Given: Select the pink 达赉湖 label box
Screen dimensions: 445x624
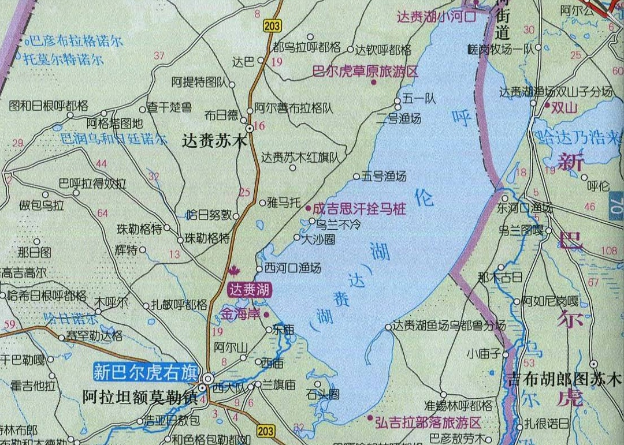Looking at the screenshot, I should pos(251,289).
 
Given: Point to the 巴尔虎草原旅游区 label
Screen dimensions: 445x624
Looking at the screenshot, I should pos(365,72).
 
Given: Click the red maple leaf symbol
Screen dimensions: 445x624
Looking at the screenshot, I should pos(234,270).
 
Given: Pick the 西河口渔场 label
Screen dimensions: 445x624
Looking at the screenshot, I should pos(292,268).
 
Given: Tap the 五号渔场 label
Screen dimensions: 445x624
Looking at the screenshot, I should pos(384,176).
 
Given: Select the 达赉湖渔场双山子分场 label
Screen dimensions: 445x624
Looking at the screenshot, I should pos(556,92).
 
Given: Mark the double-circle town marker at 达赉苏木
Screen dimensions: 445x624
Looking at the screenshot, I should pos(249,128).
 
